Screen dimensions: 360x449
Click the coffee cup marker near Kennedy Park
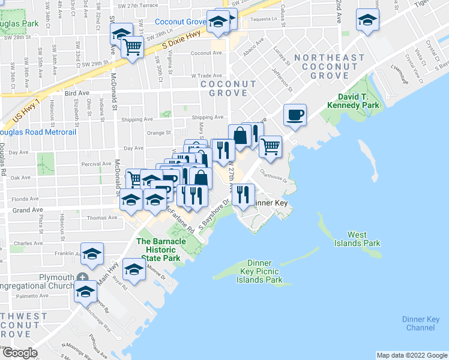tap(295, 115)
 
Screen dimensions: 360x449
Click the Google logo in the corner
tap(19, 353)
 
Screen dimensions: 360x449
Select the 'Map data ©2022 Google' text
tap(411, 355)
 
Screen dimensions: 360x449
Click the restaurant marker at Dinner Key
tap(243, 194)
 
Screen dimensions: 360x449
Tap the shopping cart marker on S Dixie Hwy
tap(133, 47)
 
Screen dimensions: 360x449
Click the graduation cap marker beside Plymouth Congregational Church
tap(86, 292)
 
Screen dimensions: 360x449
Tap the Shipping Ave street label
tap(207, 118)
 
